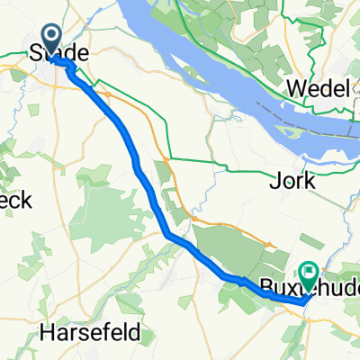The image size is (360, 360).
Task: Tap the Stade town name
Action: pyautogui.click(x=60, y=54)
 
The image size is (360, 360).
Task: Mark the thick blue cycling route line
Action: pyautogui.click(x=135, y=162)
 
